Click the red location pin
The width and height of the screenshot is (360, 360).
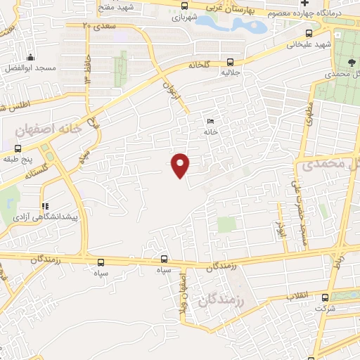(181, 165)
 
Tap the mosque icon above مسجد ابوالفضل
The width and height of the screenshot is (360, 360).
(30, 58)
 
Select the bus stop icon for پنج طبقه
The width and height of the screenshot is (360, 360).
(18, 148)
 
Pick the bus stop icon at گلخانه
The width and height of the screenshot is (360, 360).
(231, 60)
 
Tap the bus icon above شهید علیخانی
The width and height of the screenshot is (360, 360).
(309, 33)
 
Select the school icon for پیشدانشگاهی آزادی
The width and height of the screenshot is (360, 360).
(45, 207)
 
